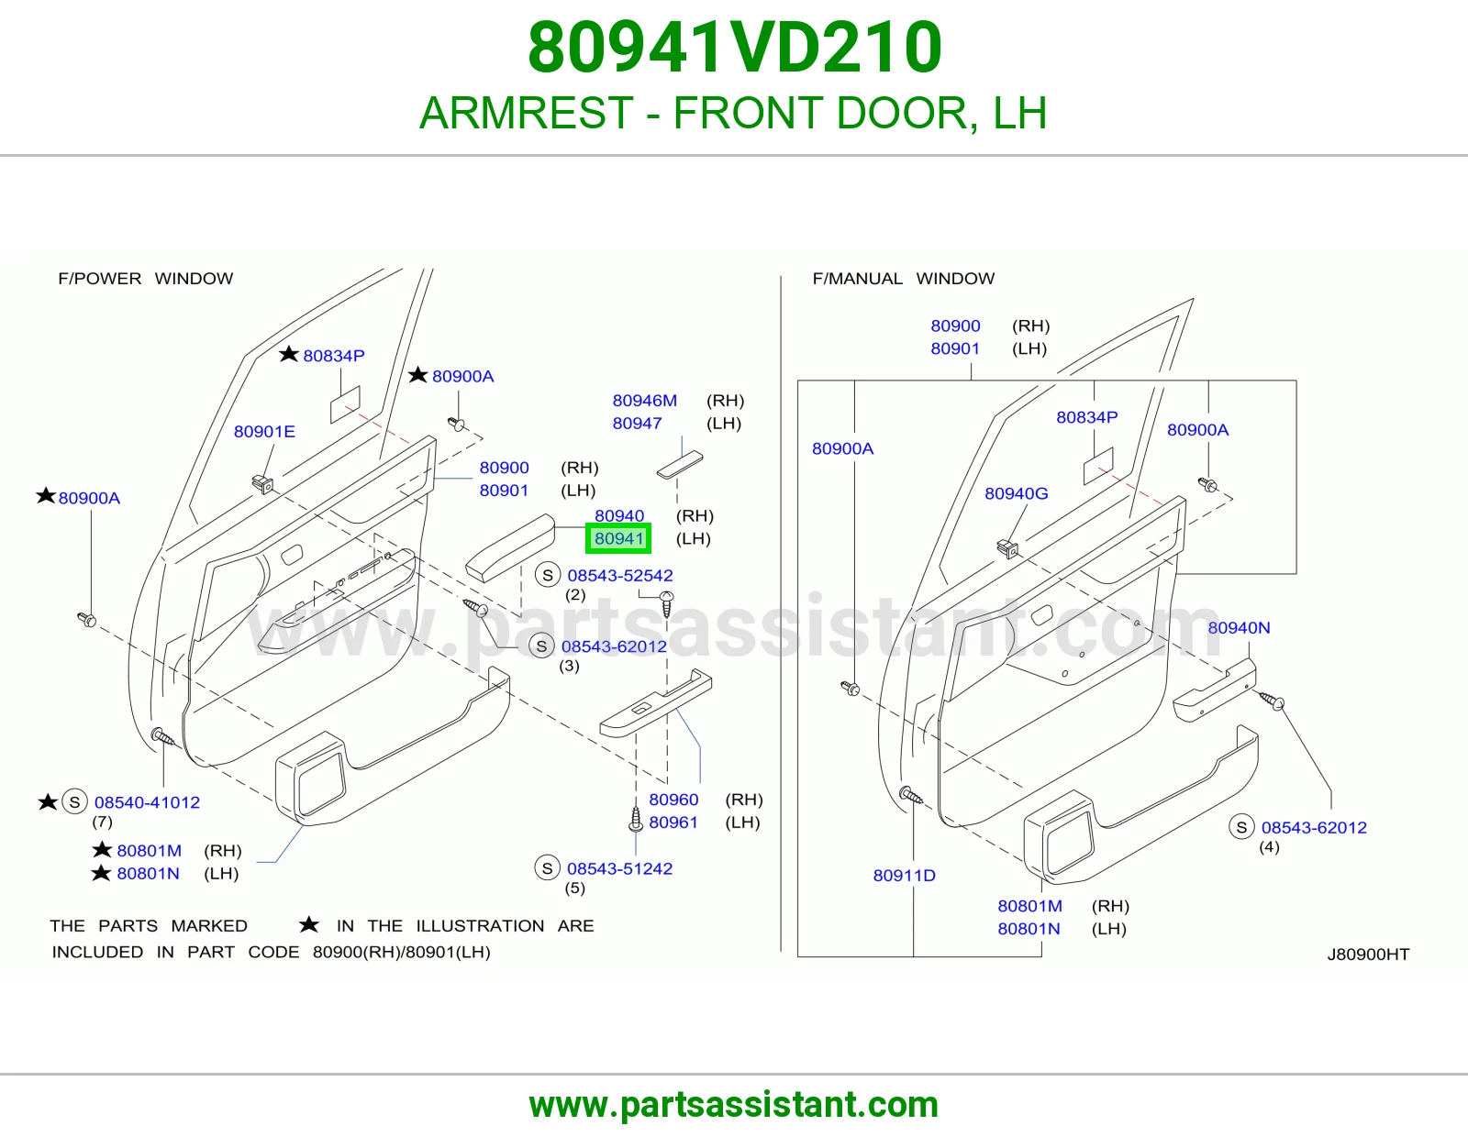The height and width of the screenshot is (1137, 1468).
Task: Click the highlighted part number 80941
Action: pyautogui.click(x=618, y=538)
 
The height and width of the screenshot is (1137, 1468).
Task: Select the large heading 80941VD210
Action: pyautogui.click(x=734, y=47)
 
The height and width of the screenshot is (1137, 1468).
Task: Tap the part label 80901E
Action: pyautogui.click(x=264, y=432)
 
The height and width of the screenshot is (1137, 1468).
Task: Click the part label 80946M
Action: pyautogui.click(x=644, y=401)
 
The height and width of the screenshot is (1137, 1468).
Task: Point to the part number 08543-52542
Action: pyautogui.click(x=620, y=575)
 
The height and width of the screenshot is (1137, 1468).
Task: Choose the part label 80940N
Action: pyautogui.click(x=1239, y=627)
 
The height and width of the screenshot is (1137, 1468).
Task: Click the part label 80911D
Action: pyautogui.click(x=904, y=875)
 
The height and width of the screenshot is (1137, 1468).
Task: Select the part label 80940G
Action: pyautogui.click(x=1016, y=493)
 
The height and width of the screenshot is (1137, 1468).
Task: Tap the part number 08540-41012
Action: pyautogui.click(x=148, y=802)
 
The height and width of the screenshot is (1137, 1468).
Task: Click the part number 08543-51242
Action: pyautogui.click(x=619, y=868)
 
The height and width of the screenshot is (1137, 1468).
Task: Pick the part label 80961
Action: pyautogui.click(x=673, y=822)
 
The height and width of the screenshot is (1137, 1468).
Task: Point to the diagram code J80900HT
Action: pyautogui.click(x=1368, y=954)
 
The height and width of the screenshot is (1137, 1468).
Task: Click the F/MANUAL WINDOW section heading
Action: pyautogui.click(x=903, y=278)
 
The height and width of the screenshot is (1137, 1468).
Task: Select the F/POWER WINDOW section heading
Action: pyautogui.click(x=145, y=278)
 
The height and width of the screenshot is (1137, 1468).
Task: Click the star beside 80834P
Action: pyautogui.click(x=288, y=354)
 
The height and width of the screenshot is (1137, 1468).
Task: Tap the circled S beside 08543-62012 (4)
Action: pyautogui.click(x=1241, y=826)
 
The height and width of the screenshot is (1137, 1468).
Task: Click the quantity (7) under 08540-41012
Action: pyautogui.click(x=102, y=822)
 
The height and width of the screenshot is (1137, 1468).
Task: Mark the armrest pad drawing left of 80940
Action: pyautogui.click(x=510, y=547)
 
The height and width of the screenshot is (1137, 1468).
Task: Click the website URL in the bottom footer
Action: pyautogui.click(x=734, y=1105)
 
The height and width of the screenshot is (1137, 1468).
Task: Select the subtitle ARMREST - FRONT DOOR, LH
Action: pyautogui.click(x=733, y=113)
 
